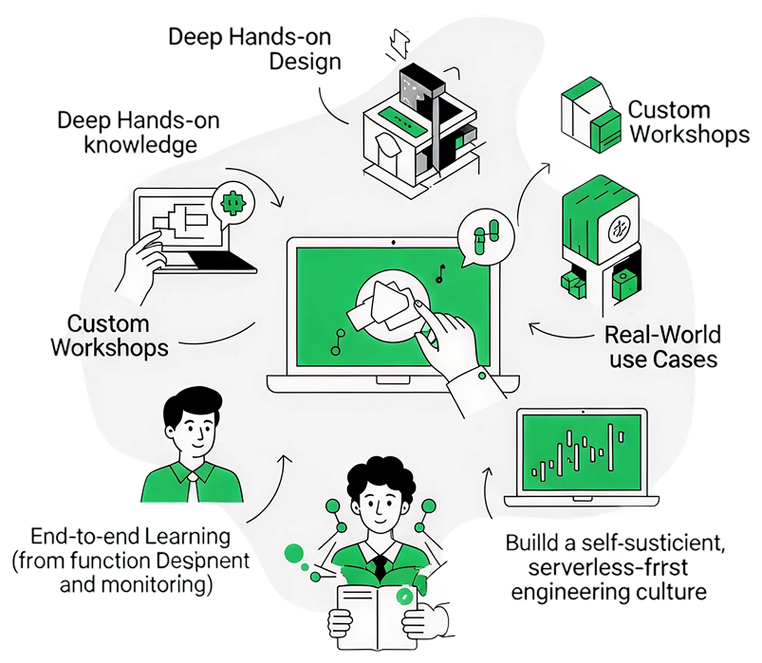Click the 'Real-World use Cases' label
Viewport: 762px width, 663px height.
662,347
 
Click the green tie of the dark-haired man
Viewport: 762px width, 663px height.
193,488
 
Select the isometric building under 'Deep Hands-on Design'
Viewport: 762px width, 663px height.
418,123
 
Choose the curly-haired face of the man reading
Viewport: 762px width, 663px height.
378,503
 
